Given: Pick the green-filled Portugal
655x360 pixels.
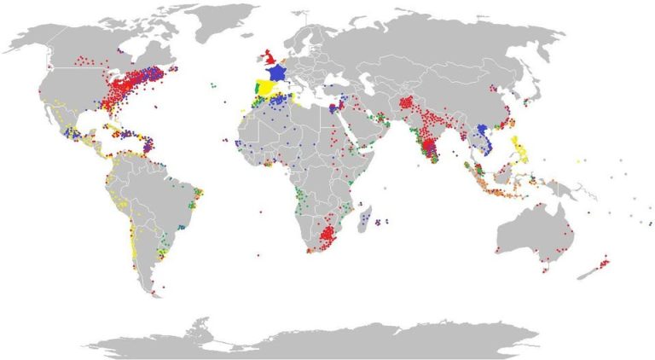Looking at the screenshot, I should (x=255, y=89).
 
